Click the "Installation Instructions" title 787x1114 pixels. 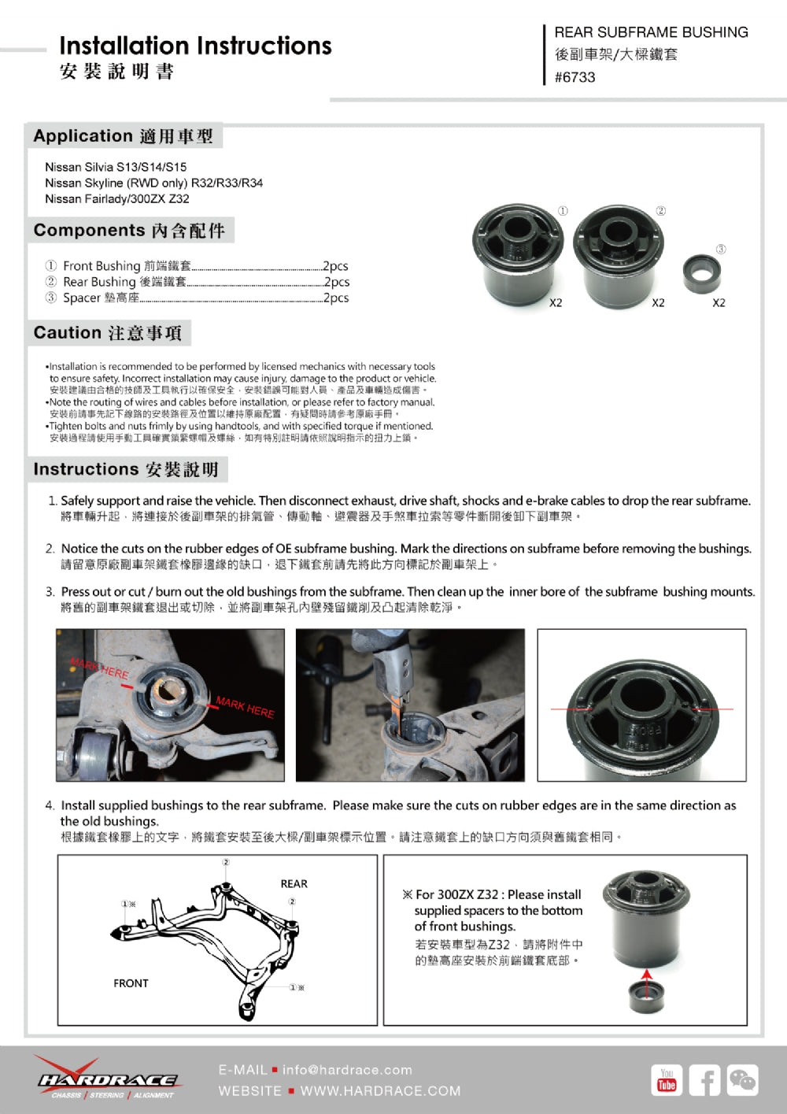pyautogui.click(x=195, y=46)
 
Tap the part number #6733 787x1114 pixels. pyautogui.click(x=575, y=77)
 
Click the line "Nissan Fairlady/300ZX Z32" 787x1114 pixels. pyautogui.click(x=116, y=198)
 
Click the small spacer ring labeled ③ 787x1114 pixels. pyautogui.click(x=701, y=271)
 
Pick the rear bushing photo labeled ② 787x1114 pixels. pyautogui.click(x=619, y=255)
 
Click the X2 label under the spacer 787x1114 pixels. pyautogui.click(x=719, y=303)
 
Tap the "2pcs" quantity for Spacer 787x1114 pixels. pyautogui.click(x=336, y=298)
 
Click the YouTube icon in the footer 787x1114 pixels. pyautogui.click(x=667, y=1079)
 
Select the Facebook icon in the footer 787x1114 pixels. pyautogui.click(x=704, y=1079)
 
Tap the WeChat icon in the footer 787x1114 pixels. pyautogui.click(x=742, y=1079)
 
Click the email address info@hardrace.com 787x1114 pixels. pyautogui.click(x=347, y=1070)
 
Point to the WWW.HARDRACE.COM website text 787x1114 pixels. pyautogui.click(x=380, y=1091)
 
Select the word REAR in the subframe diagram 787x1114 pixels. pyautogui.click(x=294, y=883)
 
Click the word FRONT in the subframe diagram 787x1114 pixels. pyautogui.click(x=131, y=983)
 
